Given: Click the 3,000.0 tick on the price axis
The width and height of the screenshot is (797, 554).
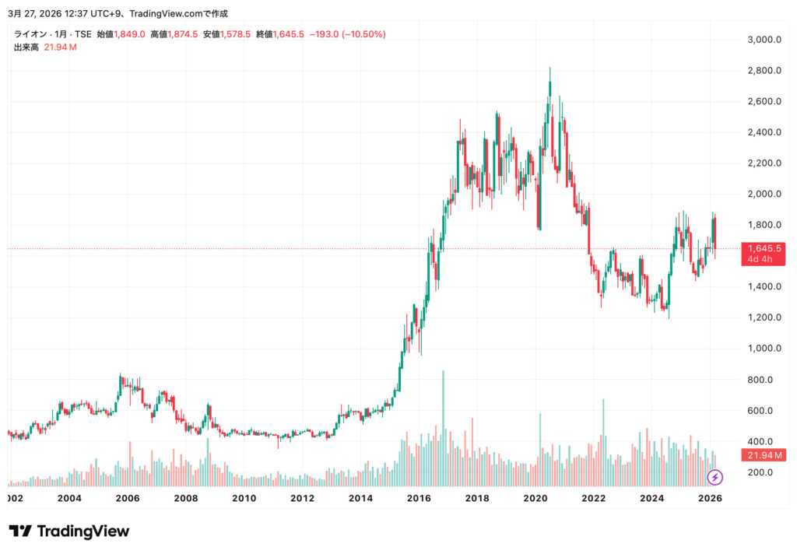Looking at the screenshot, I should click(764, 40).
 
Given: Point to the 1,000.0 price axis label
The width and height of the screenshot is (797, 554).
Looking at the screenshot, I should click(764, 349).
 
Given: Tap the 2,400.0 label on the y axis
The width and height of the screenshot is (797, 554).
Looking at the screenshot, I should click(764, 132).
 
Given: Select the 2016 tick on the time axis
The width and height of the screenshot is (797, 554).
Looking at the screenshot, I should click(419, 498).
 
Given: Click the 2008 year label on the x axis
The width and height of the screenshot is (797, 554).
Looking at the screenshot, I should click(186, 498).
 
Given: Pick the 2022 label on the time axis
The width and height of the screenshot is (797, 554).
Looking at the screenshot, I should click(594, 498).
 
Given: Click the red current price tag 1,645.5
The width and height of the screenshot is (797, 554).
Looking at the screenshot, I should click(764, 248).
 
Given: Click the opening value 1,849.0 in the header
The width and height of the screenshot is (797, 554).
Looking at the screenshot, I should click(129, 34).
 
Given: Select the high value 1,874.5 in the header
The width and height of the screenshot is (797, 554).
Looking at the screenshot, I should click(182, 34).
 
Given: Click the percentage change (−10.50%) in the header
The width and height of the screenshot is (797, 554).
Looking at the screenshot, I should click(361, 34).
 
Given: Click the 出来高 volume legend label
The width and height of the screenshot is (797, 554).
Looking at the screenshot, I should click(26, 47).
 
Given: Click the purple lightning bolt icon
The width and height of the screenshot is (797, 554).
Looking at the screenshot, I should click(714, 477).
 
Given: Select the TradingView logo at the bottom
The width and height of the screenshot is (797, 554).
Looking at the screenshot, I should click(69, 531).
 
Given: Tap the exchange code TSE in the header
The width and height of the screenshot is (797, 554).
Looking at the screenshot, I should click(83, 34).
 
